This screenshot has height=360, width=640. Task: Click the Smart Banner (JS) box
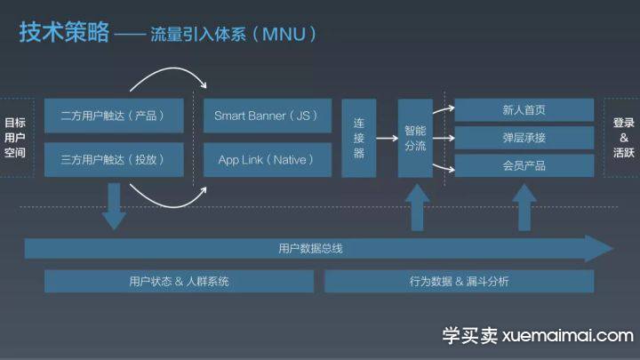268,116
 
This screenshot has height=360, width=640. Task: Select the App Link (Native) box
268,160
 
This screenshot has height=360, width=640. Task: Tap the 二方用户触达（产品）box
114,116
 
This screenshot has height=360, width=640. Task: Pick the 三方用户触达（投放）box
114,160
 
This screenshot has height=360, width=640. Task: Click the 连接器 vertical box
359,138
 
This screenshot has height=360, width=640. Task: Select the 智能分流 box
415,138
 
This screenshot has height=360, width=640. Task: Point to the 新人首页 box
524,110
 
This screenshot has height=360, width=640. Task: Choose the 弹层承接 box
524,138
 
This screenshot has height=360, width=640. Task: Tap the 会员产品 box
524,165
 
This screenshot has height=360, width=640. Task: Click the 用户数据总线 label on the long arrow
310,248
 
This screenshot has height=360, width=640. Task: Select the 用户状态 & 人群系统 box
180,281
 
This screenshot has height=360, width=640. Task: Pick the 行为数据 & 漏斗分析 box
460,281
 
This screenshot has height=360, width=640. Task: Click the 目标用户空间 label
15,138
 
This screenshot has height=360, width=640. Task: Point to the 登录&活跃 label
624,138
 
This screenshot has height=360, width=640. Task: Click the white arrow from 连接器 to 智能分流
387,139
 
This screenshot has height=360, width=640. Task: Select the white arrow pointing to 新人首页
444,109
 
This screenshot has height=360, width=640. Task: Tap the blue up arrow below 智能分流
417,207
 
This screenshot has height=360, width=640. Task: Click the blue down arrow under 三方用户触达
114,206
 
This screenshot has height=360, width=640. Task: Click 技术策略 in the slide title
65,32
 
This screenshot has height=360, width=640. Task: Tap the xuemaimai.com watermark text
567,336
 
